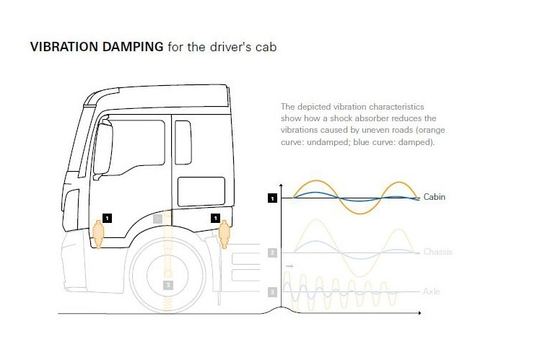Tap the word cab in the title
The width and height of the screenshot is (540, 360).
pos(268,48)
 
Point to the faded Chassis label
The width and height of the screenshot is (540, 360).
pos(438,252)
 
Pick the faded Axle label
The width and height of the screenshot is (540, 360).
pos(432,291)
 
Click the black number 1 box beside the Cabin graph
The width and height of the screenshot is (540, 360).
pos(272,198)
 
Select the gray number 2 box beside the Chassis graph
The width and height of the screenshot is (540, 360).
pos(272,253)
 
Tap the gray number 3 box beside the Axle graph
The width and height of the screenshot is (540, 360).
pos(272,291)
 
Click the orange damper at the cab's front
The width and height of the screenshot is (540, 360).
pos(98,233)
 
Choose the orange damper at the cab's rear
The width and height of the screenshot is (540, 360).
pos(223,232)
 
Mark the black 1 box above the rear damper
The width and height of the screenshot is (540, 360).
pos(214,217)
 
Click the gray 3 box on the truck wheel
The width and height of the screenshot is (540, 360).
pos(168,284)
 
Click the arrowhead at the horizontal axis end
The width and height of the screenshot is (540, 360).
pos(419,314)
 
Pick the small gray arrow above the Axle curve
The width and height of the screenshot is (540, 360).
pos(289,267)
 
